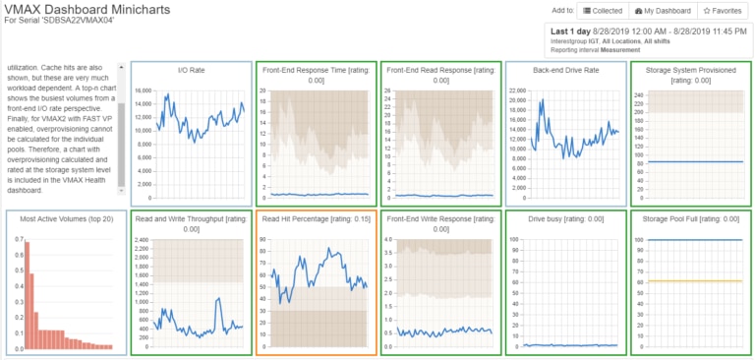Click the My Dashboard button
[663, 10]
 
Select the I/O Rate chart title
[191, 71]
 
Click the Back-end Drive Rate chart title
[564, 71]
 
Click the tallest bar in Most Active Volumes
[27, 294]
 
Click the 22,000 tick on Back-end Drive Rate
[518, 90]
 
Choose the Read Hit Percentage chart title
[316, 219]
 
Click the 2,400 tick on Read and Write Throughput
[140, 239]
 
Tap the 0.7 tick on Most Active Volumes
[17, 239]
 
